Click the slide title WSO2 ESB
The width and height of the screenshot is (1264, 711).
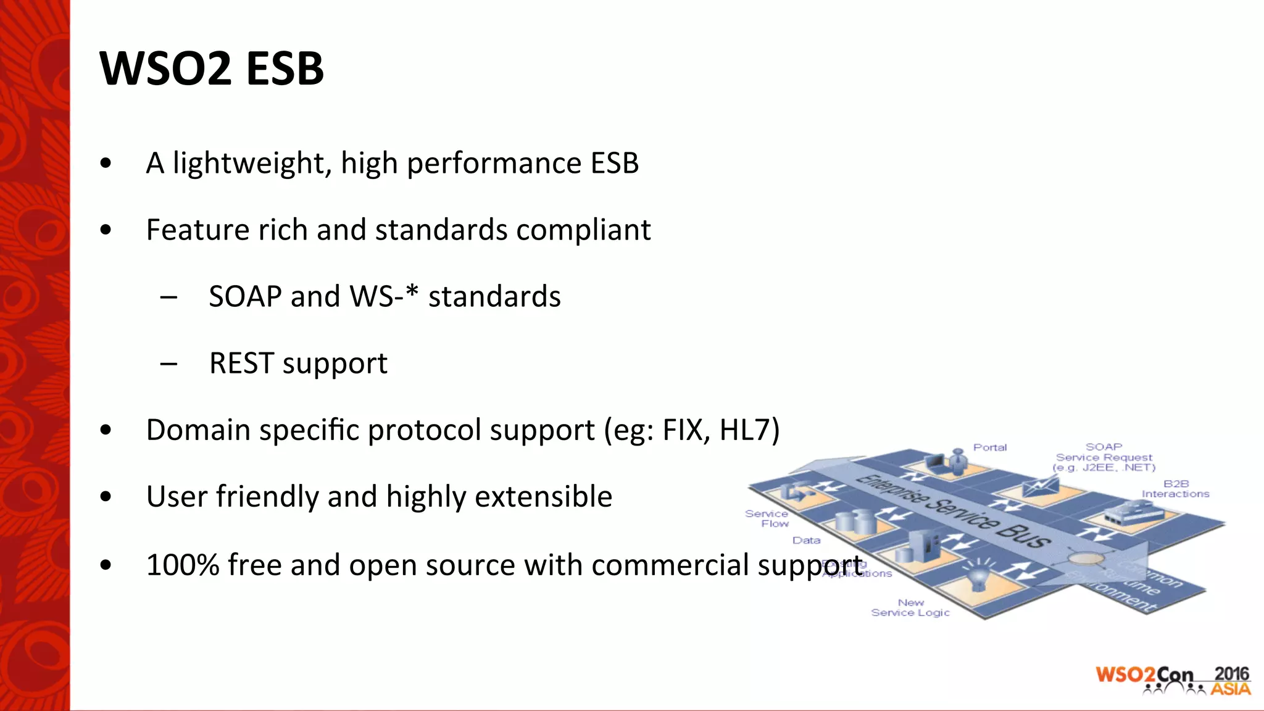point(211,68)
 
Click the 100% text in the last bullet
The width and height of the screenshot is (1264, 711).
point(183,565)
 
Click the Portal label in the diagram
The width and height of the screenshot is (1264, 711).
point(989,447)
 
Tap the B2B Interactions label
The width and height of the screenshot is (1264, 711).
point(1175,489)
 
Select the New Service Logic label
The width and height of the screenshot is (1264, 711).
point(910,607)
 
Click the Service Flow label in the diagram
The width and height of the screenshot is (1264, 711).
point(767,518)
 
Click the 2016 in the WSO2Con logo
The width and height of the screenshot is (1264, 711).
point(1231,673)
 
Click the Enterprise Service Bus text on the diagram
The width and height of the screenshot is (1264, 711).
point(954,512)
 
